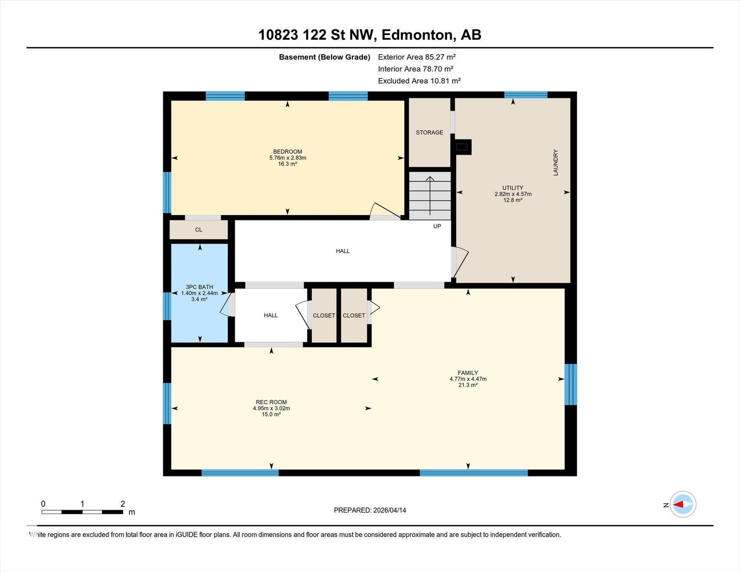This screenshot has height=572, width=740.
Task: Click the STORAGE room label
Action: pyautogui.click(x=429, y=132)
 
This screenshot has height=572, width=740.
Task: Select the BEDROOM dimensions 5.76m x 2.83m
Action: pyautogui.click(x=288, y=158)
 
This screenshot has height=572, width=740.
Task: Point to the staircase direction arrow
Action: pyautogui.click(x=430, y=196)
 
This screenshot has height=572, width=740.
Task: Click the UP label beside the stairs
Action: pyautogui.click(x=437, y=226)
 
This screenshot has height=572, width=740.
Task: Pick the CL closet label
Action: pyautogui.click(x=198, y=230)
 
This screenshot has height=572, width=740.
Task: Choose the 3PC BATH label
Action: pyautogui.click(x=199, y=287)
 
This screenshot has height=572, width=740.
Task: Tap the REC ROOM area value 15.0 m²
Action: pyautogui.click(x=271, y=414)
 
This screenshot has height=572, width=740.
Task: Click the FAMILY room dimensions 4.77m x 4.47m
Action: pyautogui.click(x=468, y=379)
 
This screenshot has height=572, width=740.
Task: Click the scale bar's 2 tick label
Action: pyautogui.click(x=123, y=504)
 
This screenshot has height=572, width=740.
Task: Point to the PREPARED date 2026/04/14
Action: pyautogui.click(x=389, y=510)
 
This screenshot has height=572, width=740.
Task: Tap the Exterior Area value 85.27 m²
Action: pyautogui.click(x=440, y=57)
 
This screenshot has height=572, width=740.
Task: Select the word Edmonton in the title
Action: pyautogui.click(x=419, y=35)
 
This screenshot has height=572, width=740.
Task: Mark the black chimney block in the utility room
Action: pyautogui.click(x=462, y=147)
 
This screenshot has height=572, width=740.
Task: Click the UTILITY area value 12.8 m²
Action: pyautogui.click(x=513, y=200)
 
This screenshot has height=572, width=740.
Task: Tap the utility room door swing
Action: pyautogui.click(x=460, y=262)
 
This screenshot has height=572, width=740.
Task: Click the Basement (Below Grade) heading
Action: pyautogui.click(x=325, y=57)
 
